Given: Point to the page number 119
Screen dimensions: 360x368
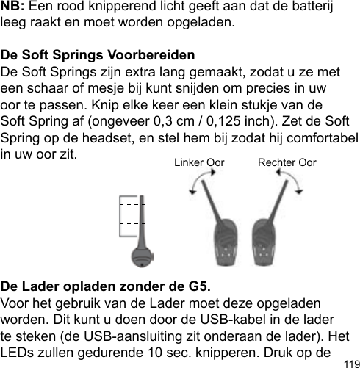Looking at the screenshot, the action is [350, 362].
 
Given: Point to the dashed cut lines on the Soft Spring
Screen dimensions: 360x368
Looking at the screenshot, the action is [132, 211].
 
